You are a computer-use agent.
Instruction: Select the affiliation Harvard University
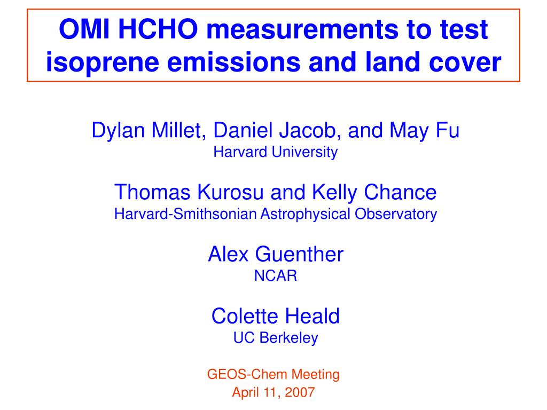[276, 153]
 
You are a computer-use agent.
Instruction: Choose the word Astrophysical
[306, 215]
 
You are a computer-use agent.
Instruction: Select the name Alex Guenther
[276, 254]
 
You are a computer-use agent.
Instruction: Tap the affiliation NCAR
[276, 277]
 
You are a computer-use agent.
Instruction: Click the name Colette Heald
[276, 316]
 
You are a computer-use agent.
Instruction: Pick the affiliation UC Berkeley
[276, 338]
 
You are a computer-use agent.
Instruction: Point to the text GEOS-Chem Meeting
[273, 375]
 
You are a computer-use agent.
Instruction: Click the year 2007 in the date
[300, 393]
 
